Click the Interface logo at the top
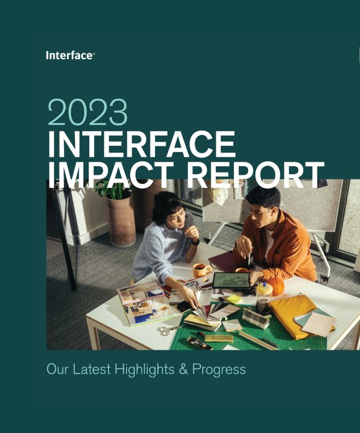point(70,55)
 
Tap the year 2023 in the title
point(87,112)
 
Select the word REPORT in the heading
point(256,175)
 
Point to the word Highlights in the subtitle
point(144,369)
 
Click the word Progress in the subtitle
point(219,369)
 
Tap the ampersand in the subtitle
point(183,369)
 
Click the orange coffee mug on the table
point(202,270)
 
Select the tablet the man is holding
point(231,280)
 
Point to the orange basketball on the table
point(276,286)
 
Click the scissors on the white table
point(170,330)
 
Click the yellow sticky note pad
point(235,299)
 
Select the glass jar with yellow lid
point(263,299)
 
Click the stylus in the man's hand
point(249,259)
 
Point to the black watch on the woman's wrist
point(195,242)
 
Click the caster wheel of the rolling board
point(324,279)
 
